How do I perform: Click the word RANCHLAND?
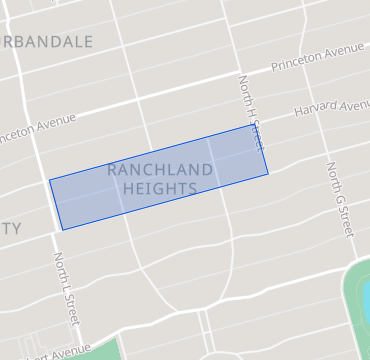160,169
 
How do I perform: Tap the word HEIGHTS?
160,187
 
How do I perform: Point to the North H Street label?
251,112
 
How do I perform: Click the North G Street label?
339,200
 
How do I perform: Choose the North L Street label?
66,289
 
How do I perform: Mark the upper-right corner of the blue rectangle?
250,125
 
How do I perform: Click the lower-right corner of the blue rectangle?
268,175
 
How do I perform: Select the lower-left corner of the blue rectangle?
62,230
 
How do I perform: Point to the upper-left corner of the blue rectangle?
49,181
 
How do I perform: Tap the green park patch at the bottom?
100,350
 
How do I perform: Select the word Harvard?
314,109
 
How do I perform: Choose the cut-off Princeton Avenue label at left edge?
38,126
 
